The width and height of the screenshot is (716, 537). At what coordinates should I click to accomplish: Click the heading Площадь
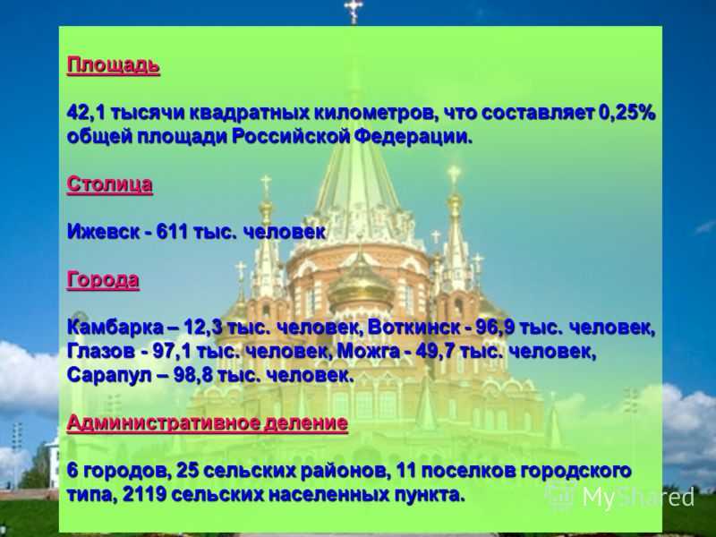click(x=114, y=65)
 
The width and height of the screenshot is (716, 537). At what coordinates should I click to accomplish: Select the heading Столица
click(x=109, y=184)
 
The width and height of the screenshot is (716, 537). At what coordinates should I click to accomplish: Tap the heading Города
click(x=103, y=280)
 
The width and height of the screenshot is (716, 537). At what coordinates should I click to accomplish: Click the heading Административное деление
click(x=208, y=422)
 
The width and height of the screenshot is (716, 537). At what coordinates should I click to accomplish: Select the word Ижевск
click(x=103, y=232)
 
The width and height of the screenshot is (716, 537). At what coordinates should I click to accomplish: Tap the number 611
click(x=172, y=232)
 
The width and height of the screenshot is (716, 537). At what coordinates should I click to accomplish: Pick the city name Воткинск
click(x=413, y=328)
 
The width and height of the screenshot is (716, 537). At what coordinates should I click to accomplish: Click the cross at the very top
click(x=354, y=11)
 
